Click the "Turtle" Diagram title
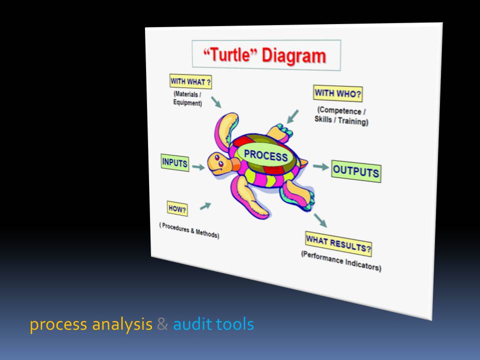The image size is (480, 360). (265, 55)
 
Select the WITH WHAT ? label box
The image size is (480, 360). (190, 81)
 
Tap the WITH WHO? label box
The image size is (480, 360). (337, 93)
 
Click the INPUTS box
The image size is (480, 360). (175, 162)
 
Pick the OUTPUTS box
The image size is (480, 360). (356, 171)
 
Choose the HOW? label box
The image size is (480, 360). (177, 209)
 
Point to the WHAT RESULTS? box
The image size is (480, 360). (338, 244)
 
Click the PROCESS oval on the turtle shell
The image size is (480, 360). (265, 155)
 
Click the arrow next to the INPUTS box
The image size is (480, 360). (198, 167)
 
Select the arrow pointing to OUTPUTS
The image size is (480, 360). (321, 167)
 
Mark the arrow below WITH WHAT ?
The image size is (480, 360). (216, 102)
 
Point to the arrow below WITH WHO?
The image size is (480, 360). (292, 116)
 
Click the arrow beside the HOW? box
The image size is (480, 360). (205, 206)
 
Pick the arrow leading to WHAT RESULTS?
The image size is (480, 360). (320, 220)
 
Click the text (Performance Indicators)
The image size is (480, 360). (341, 261)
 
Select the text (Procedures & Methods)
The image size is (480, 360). (189, 230)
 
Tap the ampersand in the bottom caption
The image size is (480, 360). (162, 324)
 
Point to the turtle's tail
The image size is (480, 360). (303, 163)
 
